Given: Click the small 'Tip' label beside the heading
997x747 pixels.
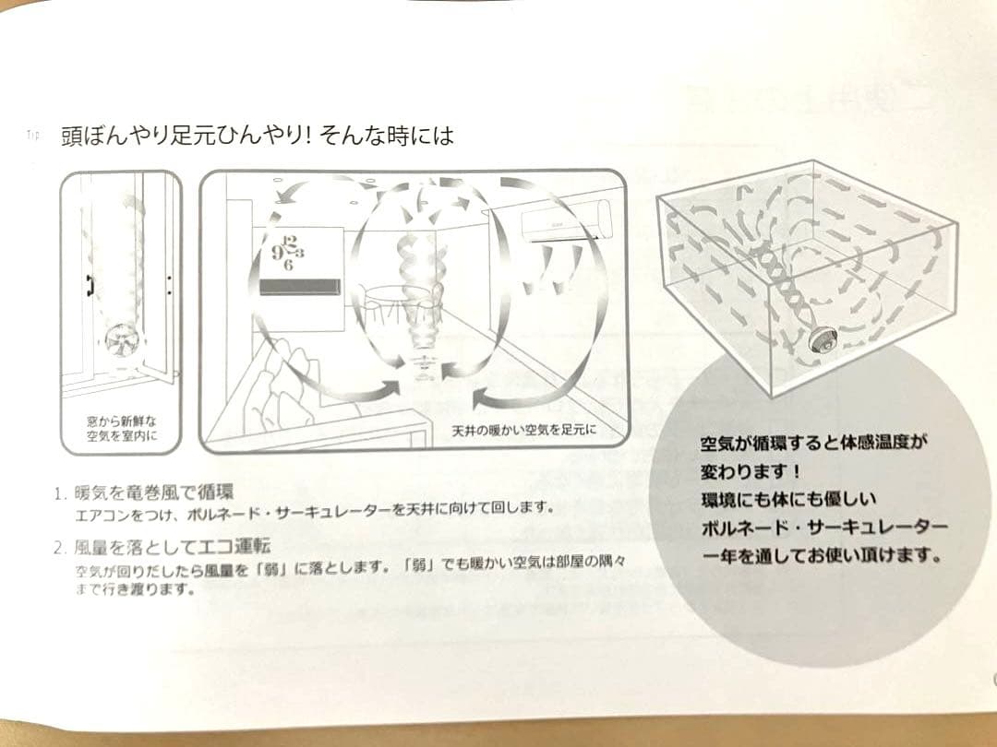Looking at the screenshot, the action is point(33,135).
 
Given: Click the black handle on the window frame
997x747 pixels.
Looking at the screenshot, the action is point(89,286).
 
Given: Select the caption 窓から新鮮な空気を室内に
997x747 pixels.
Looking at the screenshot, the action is point(122,429).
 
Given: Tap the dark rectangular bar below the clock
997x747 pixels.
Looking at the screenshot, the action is point(300,287).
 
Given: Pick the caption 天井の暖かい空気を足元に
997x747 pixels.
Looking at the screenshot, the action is point(524,431).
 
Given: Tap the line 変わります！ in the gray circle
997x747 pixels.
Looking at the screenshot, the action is point(751,472).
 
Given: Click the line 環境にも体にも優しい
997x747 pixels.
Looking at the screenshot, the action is point(789,499).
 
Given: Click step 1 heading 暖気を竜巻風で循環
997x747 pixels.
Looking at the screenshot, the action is point(154,492).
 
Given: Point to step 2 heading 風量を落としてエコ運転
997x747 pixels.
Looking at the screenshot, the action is point(173,546).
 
